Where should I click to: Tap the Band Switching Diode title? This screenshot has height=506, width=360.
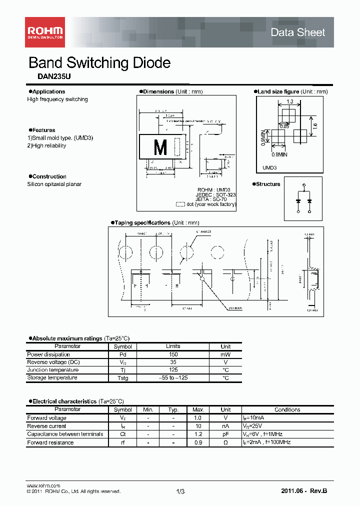(99, 63)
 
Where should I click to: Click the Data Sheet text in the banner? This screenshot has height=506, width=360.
(297, 32)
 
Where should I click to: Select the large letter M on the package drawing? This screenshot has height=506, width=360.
(160, 148)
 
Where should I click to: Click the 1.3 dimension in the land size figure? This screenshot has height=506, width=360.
(290, 102)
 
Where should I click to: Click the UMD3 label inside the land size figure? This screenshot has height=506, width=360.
(269, 168)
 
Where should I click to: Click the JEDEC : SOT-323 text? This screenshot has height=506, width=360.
(216, 194)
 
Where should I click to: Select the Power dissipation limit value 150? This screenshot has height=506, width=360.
(173, 354)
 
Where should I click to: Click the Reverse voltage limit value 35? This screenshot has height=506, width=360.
(173, 362)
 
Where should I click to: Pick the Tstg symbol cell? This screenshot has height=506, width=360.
(122, 378)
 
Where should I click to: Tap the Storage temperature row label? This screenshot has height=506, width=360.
(52, 378)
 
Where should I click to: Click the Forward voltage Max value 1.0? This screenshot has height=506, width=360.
(198, 418)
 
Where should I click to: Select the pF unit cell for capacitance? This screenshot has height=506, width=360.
(225, 434)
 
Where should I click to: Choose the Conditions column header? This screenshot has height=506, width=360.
(287, 409)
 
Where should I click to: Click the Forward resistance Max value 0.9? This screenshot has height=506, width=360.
(198, 442)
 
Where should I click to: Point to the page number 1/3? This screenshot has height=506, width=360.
(180, 492)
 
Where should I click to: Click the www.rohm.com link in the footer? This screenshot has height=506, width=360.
(43, 486)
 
